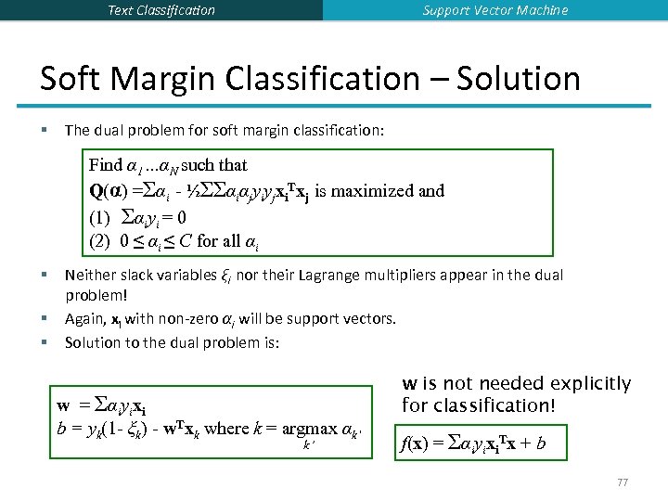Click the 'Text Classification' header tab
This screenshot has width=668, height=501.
coord(161,10)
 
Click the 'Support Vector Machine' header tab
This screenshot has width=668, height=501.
coord(495,10)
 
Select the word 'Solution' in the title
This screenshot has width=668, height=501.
coord(517,79)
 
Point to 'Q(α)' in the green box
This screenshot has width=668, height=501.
coord(109,191)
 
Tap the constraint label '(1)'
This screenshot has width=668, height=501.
coord(100,217)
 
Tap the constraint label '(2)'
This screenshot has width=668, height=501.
coord(100,241)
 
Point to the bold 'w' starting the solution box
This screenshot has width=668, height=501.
coord(63,405)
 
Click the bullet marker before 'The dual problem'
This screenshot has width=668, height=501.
coord(45,131)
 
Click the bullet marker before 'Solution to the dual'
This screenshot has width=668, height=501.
coord(45,342)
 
